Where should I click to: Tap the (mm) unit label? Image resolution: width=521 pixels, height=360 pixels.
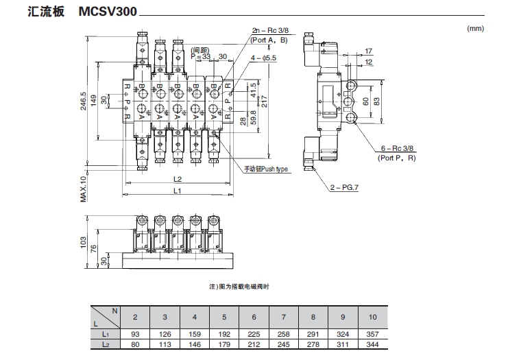tap(475, 29)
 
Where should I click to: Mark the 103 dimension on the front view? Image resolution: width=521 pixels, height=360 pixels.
tap(83, 242)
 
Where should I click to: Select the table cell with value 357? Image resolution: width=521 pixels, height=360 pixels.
tap(373, 334)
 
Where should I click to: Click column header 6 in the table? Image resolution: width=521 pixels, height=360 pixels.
tap(254, 317)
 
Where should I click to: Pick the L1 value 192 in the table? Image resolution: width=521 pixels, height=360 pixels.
tap(224, 334)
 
